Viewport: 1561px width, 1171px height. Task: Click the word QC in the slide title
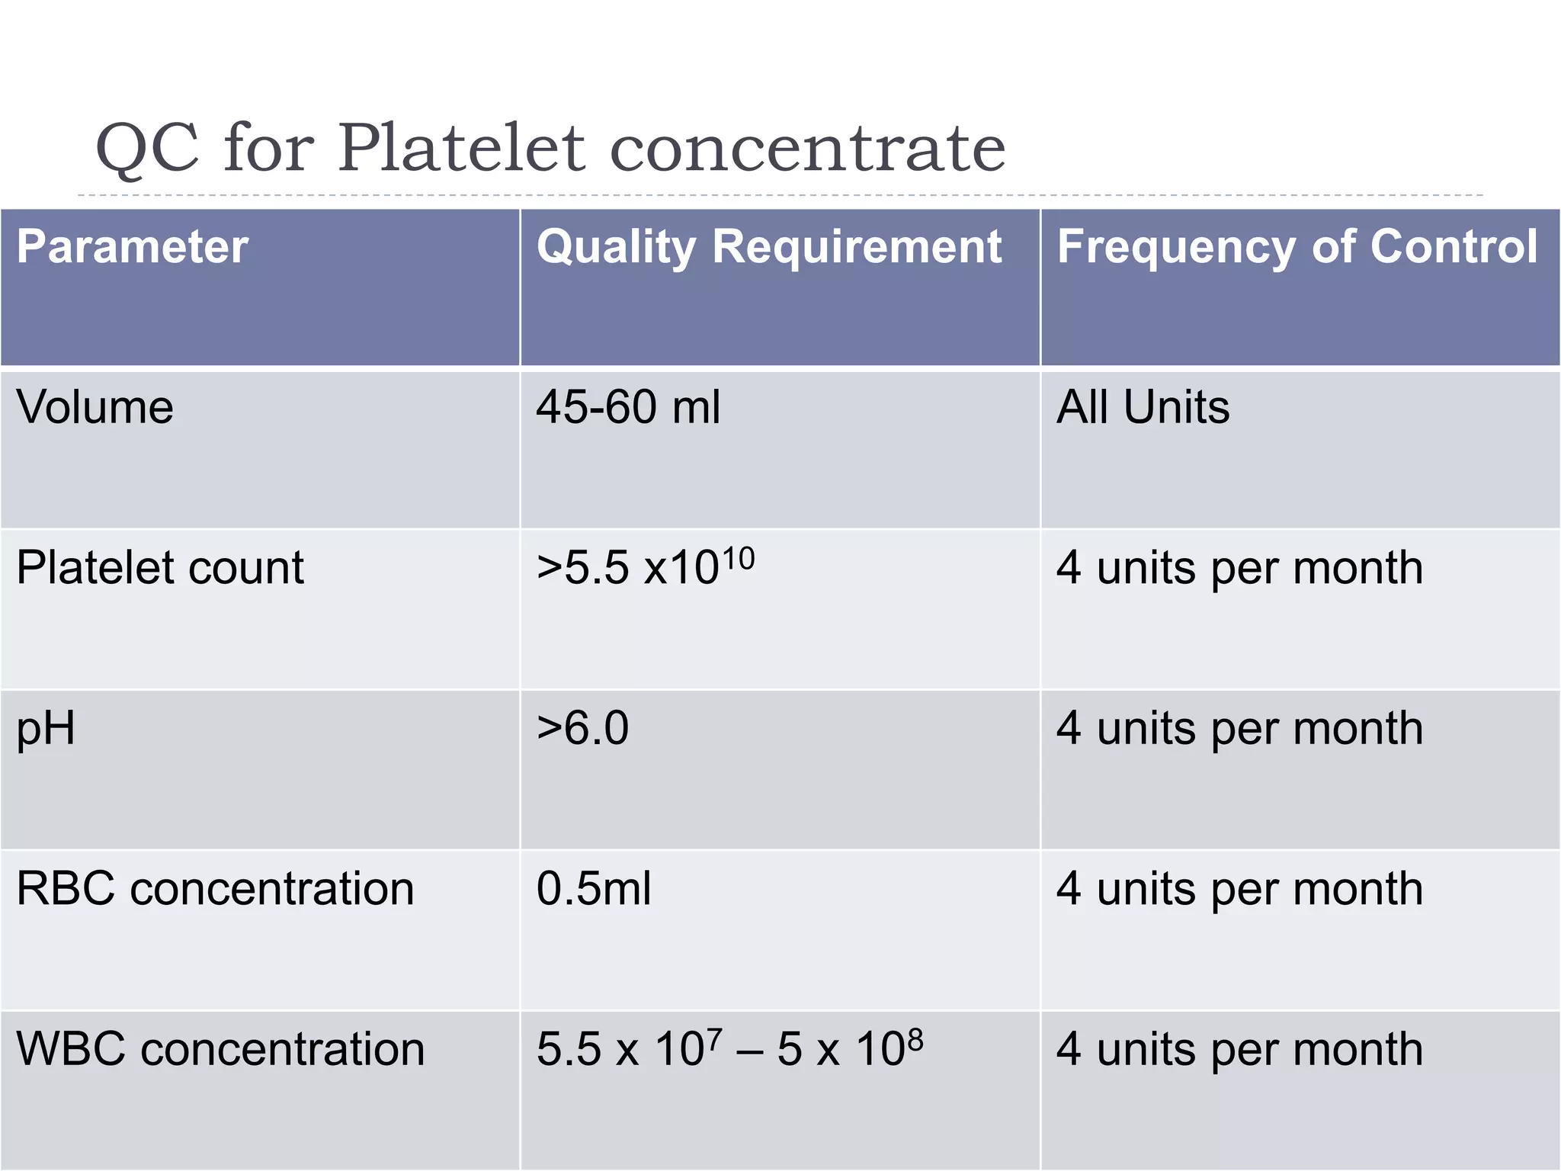click(147, 148)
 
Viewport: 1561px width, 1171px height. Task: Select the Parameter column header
click(133, 247)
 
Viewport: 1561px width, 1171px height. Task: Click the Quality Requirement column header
click(768, 249)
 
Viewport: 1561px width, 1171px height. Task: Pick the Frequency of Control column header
click(1297, 247)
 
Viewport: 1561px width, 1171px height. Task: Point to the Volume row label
click(95, 407)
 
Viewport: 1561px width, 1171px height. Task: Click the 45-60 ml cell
click(628, 407)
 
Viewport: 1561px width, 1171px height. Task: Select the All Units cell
click(1143, 407)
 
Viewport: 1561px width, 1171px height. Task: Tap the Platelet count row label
click(160, 568)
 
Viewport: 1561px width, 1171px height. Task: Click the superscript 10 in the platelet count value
click(738, 558)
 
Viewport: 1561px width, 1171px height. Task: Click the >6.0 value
click(583, 728)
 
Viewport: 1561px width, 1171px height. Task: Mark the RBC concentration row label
click(215, 889)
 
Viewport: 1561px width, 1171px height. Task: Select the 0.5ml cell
click(594, 889)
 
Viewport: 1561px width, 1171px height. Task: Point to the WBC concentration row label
click(220, 1050)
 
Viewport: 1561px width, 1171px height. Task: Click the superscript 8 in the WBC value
click(915, 1039)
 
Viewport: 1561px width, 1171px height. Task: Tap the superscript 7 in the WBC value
click(714, 1039)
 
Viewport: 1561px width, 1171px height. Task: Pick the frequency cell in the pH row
click(1239, 729)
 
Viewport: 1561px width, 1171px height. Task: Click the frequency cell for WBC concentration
click(1239, 1050)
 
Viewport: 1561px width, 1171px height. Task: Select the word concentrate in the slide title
click(808, 148)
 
